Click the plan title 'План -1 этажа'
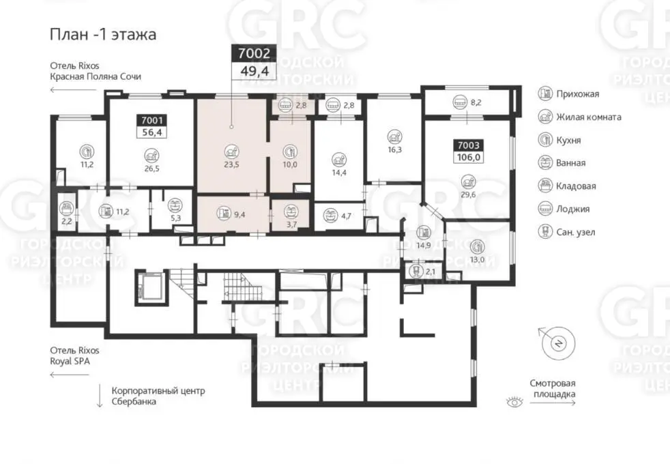point(103,34)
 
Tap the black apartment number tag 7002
point(254,53)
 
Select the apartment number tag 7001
point(151,121)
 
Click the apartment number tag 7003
point(468,145)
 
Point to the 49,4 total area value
point(254,71)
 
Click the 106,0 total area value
point(468,157)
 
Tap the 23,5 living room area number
point(231,164)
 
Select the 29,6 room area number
point(468,194)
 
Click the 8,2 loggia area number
point(476,102)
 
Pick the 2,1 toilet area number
point(431,272)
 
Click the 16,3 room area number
point(395,149)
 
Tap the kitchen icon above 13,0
point(477,246)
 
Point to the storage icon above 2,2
point(66,209)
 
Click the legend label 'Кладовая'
point(576,186)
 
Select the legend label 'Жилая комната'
point(588,117)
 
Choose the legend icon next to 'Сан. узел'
point(545,231)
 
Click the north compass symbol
point(557,343)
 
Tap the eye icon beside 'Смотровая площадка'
point(514,402)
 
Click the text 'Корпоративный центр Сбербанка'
point(158,396)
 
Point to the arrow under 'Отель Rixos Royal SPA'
point(70,375)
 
